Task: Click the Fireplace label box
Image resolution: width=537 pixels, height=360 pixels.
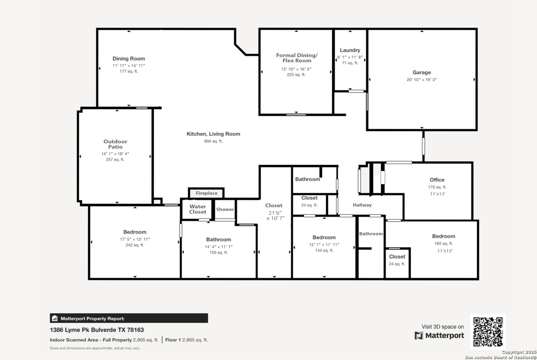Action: pyautogui.click(x=206, y=193)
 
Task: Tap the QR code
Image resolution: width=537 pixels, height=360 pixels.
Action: pyautogui.click(x=488, y=332)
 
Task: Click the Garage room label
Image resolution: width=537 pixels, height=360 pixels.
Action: pyautogui.click(x=422, y=72)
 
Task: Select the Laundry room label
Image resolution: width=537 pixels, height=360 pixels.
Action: pyautogui.click(x=350, y=50)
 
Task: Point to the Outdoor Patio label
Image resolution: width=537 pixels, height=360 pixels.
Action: pyautogui.click(x=115, y=144)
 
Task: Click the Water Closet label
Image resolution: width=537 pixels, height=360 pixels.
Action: pyautogui.click(x=198, y=209)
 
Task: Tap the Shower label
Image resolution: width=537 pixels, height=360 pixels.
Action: pyautogui.click(x=225, y=209)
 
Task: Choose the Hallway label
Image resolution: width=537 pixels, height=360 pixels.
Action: pyautogui.click(x=362, y=205)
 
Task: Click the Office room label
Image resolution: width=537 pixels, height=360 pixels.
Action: pyautogui.click(x=437, y=180)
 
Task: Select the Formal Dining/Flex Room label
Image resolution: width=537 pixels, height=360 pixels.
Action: pyautogui.click(x=297, y=58)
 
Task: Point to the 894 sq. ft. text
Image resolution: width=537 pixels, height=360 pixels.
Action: pyautogui.click(x=213, y=141)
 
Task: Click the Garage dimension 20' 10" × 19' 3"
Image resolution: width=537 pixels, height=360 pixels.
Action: pyautogui.click(x=422, y=80)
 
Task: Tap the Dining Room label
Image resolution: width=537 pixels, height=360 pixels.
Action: pyautogui.click(x=129, y=58)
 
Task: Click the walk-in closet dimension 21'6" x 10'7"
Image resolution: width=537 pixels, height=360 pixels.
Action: pyautogui.click(x=275, y=215)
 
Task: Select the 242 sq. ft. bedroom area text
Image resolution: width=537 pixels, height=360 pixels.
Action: pyautogui.click(x=135, y=245)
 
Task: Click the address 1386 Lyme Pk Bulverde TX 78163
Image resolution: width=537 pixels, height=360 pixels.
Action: pyautogui.click(x=97, y=330)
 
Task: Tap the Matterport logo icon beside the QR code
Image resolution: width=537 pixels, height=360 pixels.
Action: pyautogui.click(x=419, y=336)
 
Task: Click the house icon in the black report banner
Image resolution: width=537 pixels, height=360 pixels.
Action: pyautogui.click(x=55, y=318)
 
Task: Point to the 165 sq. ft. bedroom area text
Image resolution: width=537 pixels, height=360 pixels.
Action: pyautogui.click(x=444, y=244)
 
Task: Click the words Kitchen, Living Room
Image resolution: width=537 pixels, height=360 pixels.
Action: pyautogui.click(x=213, y=134)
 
